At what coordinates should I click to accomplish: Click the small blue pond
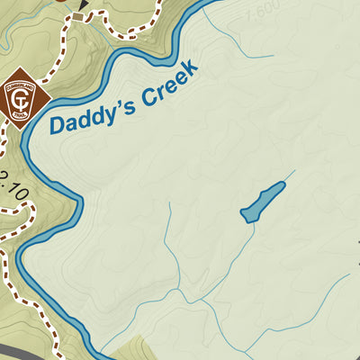pyautogui.click(x=263, y=202)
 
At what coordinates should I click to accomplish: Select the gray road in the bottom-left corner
pyautogui.click(x=13, y=350)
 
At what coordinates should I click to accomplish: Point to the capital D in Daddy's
pyautogui.click(x=58, y=123)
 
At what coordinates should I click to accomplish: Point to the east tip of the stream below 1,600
pyautogui.click(x=273, y=58)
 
